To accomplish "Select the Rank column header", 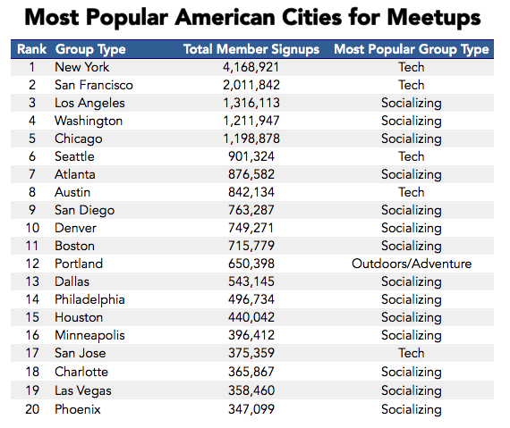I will point(31,49).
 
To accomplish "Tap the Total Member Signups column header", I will point(251,49).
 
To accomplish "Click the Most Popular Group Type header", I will point(411,49).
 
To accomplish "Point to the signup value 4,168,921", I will point(251,67).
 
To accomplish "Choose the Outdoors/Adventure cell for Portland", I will point(411,264).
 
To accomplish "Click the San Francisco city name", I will point(94,85).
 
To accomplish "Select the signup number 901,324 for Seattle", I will point(251,156).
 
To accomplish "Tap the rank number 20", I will point(32,409).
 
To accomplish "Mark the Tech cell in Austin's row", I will point(411,192).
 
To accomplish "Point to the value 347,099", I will point(251,409).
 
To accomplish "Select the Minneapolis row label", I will point(89,336).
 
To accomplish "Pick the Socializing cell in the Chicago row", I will point(411,138).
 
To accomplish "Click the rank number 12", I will point(32,264).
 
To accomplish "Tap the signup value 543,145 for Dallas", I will point(251,281).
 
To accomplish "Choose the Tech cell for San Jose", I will point(411,353).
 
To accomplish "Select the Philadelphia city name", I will point(89,299).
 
